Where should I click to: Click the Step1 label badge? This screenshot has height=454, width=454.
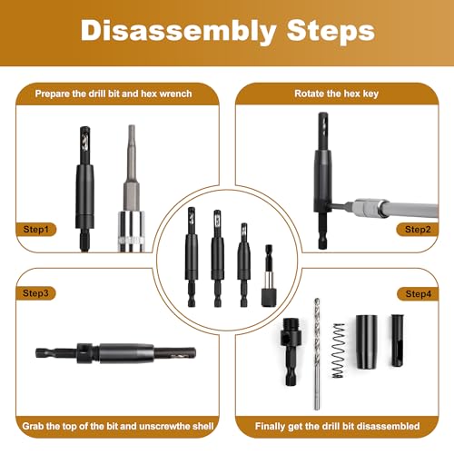pyautogui.click(x=36, y=230)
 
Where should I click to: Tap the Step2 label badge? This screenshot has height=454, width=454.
pyautogui.click(x=418, y=230)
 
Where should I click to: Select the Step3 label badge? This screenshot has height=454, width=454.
pyautogui.click(x=35, y=293)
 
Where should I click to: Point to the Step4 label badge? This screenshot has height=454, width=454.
pyautogui.click(x=418, y=293)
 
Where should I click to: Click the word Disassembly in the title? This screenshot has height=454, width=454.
pyautogui.click(x=179, y=31)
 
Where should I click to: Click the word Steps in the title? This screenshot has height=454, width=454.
pyautogui.click(x=331, y=31)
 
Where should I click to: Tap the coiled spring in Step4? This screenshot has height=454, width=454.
pyautogui.click(x=339, y=350)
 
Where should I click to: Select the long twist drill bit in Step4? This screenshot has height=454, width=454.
pyautogui.click(x=317, y=354)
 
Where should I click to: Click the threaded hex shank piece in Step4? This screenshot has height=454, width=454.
pyautogui.click(x=291, y=351)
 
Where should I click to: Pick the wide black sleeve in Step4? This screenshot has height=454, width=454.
pyautogui.click(x=366, y=341)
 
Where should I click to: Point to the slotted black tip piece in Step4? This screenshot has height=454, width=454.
pyautogui.click(x=397, y=340)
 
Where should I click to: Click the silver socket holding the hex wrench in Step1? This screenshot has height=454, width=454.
pyautogui.click(x=131, y=232)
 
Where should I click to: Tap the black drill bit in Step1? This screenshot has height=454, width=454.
pyautogui.click(x=84, y=189)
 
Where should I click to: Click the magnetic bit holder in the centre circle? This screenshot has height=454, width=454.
pyautogui.click(x=269, y=276)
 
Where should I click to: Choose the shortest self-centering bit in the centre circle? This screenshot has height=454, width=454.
pyautogui.click(x=244, y=265)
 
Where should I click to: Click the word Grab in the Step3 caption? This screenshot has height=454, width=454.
pyautogui.click(x=33, y=426)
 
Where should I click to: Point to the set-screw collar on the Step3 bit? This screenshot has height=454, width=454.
pyautogui.click(x=84, y=353)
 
